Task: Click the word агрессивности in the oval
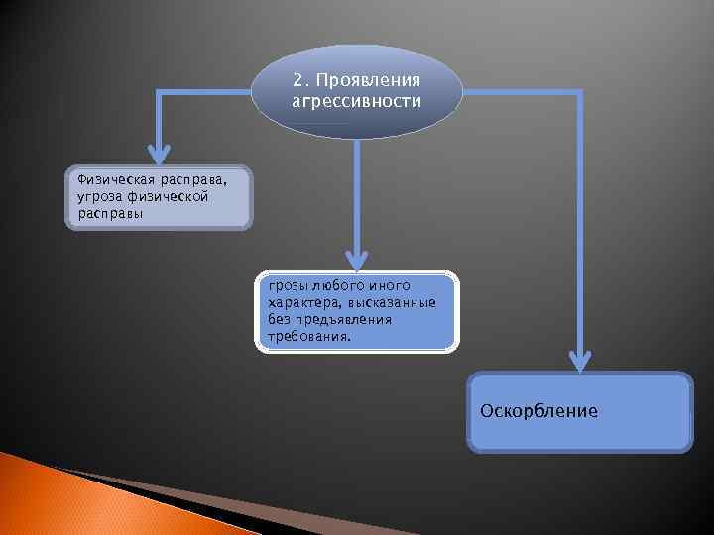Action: (357, 101)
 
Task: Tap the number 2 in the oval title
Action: (298, 80)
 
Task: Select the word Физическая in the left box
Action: (105, 180)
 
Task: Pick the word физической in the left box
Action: (170, 196)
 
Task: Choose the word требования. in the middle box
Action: (308, 336)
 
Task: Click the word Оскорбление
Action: (538, 410)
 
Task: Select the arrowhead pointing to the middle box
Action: (356, 259)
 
